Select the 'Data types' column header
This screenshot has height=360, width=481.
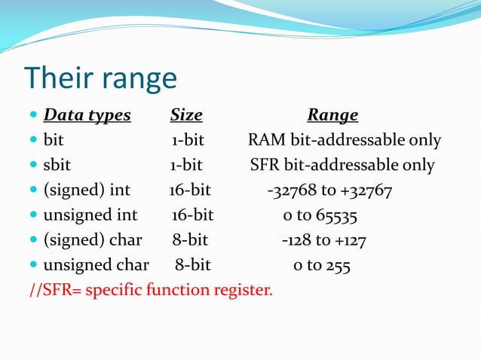point(87,115)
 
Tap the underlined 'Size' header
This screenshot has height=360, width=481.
point(186,115)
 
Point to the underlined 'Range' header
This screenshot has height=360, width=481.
point(332,115)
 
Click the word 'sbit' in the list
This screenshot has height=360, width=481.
point(57,165)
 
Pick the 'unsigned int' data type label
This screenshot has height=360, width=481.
point(90,215)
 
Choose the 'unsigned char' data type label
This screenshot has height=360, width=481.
point(96,265)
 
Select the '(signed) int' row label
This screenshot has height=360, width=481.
point(87,191)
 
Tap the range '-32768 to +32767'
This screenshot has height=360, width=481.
point(329,191)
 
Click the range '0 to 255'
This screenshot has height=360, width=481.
point(321,265)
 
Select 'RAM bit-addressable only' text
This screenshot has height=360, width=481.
point(345,141)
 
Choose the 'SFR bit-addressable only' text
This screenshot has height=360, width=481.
point(342,165)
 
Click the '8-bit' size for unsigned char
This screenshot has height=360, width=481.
point(193,265)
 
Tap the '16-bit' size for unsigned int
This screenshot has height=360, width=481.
point(192,215)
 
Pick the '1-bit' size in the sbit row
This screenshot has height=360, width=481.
point(186,165)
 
